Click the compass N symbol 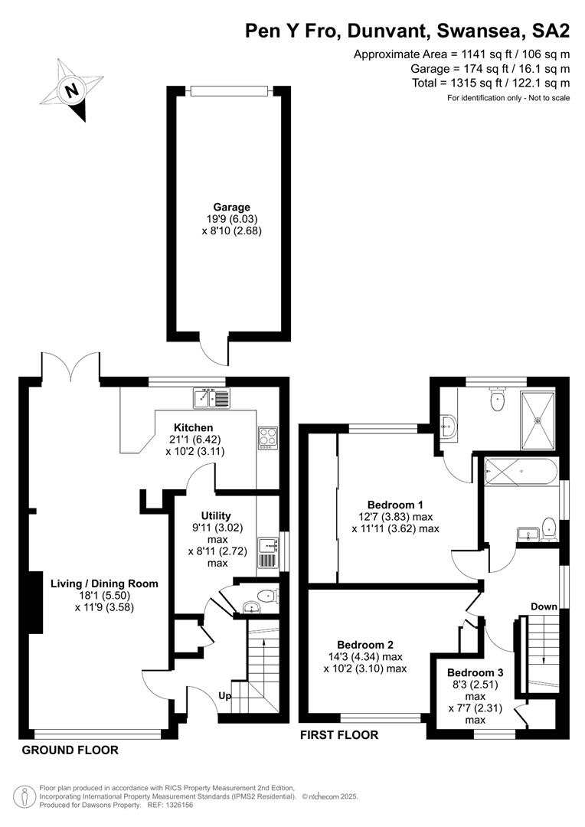coord(71,90)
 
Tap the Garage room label coord(231,208)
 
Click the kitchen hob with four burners coord(267,438)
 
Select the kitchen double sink coord(211,398)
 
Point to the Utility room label coord(216,515)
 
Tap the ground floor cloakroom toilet coord(268,597)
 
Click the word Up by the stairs coord(224,696)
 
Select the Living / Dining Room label coord(104,583)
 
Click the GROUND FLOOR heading coord(70,750)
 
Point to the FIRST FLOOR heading coord(339,734)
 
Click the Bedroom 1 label coord(395,505)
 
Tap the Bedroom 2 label coord(365,645)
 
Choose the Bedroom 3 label coord(476,672)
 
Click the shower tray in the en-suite coord(538,420)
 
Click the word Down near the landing coord(544,606)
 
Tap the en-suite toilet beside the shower coord(498,399)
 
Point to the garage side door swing coord(214,351)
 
